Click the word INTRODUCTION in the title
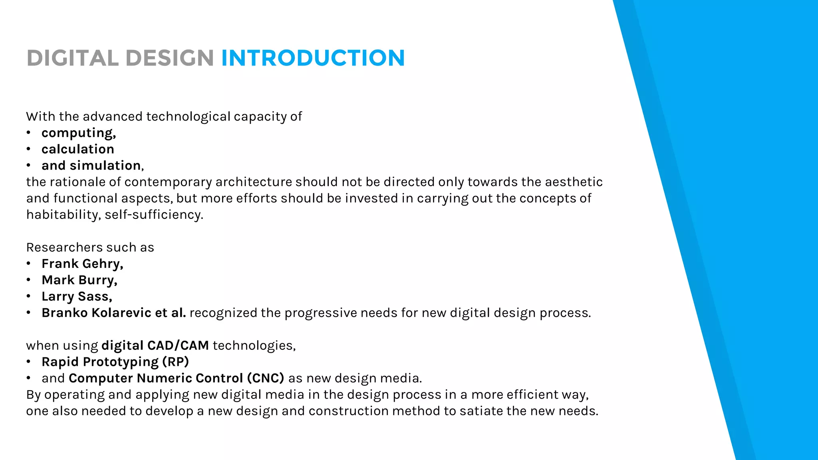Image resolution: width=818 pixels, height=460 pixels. coord(313,58)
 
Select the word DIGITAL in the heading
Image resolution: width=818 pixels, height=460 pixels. coord(72,58)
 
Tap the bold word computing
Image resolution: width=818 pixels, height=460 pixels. coord(78,133)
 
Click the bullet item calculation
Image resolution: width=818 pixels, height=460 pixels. coord(78,149)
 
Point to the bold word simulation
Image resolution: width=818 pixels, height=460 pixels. coord(105,165)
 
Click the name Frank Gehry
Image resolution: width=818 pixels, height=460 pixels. coord(82,264)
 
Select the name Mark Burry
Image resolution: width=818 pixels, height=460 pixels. coord(79,280)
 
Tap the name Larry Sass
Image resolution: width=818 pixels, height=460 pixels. coord(76,296)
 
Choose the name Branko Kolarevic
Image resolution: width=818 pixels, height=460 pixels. coord(96,313)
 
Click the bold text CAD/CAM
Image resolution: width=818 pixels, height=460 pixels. coord(178,345)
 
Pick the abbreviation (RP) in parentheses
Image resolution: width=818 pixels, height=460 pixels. coord(175,362)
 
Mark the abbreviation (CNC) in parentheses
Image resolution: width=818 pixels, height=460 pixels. coord(265,378)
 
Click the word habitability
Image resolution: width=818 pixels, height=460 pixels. coord(63,215)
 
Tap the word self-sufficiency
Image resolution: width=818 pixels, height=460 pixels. coord(154,215)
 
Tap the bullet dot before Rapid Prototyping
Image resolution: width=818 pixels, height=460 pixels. coord(28,362)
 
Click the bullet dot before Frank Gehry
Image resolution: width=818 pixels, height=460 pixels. coord(28,264)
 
